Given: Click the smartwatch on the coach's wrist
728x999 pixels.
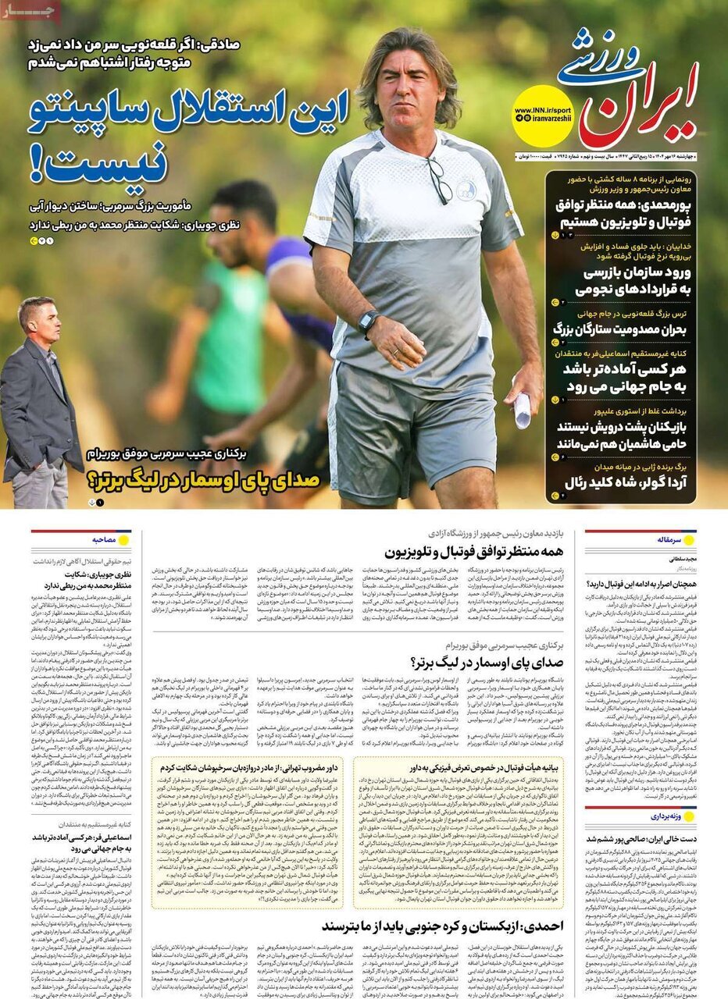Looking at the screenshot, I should click(368, 321).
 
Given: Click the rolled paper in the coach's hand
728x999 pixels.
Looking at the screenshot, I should click(522, 409).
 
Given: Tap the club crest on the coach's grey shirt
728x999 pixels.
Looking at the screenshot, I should click(466, 190).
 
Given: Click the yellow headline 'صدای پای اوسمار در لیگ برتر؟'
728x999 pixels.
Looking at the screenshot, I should click(205, 478).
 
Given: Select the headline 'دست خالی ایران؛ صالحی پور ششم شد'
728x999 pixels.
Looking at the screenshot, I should click(641, 837).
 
